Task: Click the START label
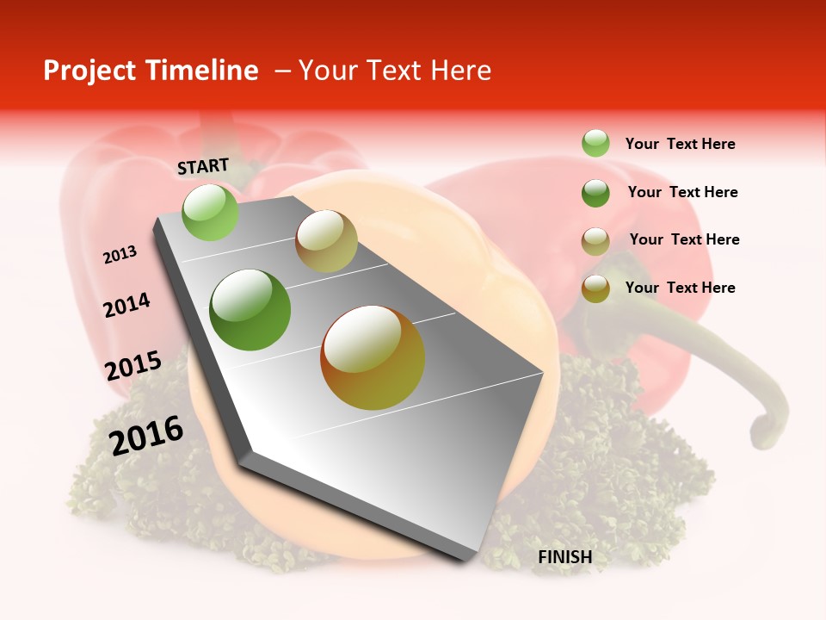click(x=203, y=166)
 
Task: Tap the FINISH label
click(x=565, y=557)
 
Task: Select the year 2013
click(x=120, y=255)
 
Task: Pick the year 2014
click(x=126, y=305)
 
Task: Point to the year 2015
click(x=133, y=366)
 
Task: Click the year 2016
click(x=146, y=436)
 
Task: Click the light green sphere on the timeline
click(x=210, y=213)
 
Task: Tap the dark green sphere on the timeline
click(x=250, y=310)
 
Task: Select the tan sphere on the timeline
click(x=326, y=241)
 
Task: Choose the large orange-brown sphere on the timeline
click(x=373, y=357)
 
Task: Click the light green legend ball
click(x=595, y=143)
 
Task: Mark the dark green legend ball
click(x=595, y=193)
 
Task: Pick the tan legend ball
click(x=595, y=241)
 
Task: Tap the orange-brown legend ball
click(x=595, y=288)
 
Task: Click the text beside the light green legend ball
click(x=680, y=144)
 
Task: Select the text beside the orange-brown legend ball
click(x=680, y=288)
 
